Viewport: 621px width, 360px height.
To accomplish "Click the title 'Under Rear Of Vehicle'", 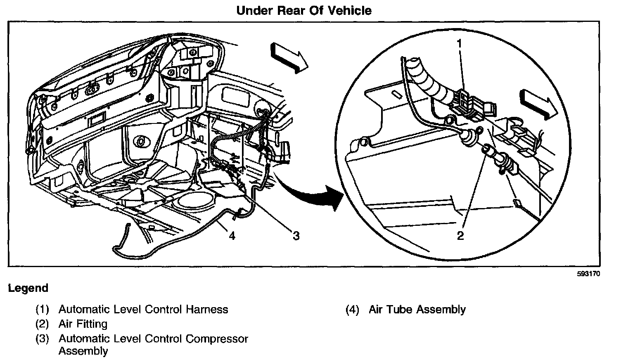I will [303, 10].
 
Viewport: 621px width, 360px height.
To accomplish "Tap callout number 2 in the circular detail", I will [460, 236].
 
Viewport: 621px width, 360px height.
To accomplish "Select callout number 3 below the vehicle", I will [296, 236].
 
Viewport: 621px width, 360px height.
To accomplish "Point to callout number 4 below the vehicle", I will [232, 236].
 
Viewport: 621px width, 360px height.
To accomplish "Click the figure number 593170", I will [588, 274].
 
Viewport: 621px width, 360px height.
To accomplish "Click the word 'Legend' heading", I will [28, 288].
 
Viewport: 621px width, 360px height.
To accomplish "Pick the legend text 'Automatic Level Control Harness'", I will [143, 309].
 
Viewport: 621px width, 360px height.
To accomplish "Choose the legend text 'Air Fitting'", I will [83, 324].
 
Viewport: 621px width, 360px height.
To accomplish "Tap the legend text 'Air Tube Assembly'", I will [417, 309].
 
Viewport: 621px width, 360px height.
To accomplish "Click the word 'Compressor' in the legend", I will [216, 339].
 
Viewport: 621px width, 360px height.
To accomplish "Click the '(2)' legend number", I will [43, 324].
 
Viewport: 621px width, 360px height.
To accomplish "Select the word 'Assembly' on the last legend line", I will [83, 351].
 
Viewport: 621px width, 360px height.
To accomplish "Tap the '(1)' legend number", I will [43, 309].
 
